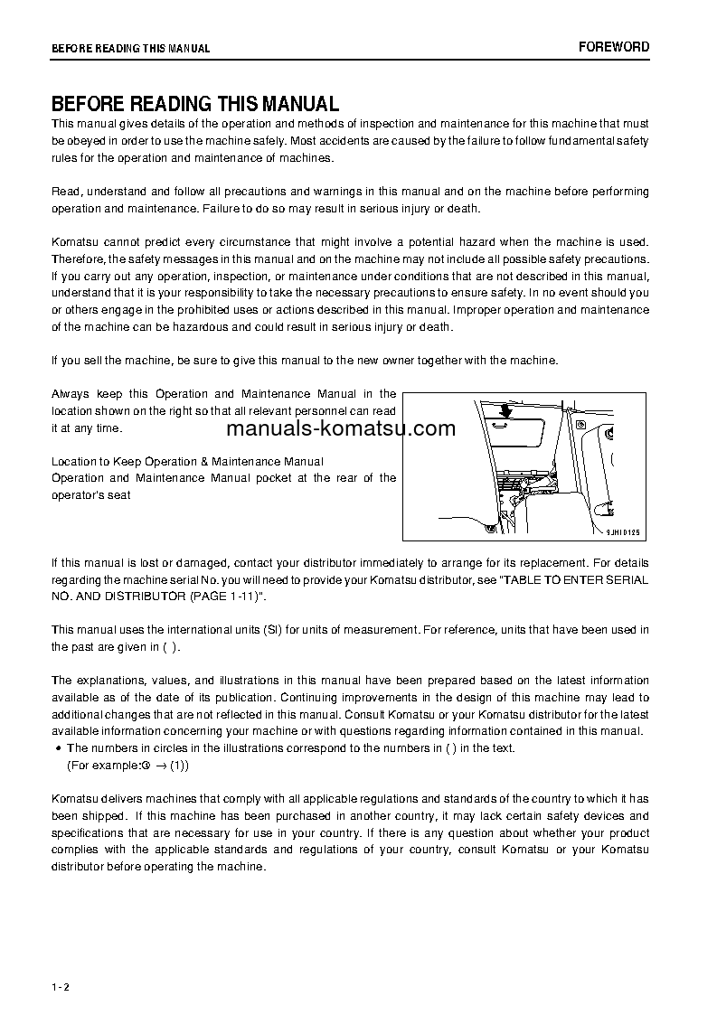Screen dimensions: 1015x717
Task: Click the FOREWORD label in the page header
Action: (x=614, y=47)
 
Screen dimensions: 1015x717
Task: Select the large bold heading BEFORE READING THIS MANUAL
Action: (x=195, y=104)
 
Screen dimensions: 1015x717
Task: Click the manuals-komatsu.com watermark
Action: (x=341, y=428)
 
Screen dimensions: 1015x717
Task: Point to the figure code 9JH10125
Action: (x=622, y=532)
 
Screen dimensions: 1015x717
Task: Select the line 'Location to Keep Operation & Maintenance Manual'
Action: (x=187, y=461)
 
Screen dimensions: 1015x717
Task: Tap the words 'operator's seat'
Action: (x=91, y=494)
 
